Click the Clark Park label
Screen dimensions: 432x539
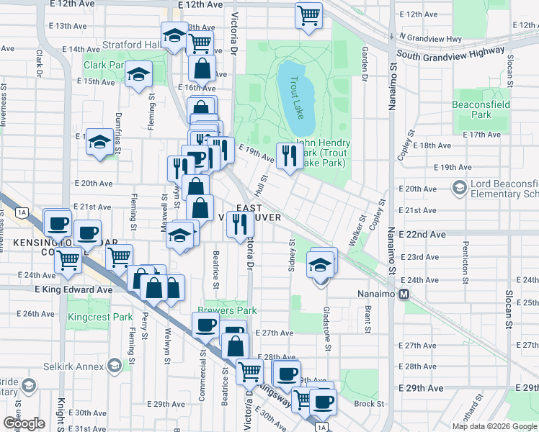coord(104,66)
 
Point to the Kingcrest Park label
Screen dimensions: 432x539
coord(100,317)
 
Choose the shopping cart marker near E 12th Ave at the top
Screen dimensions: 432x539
coord(308,14)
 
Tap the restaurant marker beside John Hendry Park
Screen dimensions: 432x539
coord(290,155)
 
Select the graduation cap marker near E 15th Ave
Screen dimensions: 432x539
coord(138,73)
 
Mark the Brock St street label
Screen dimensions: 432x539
coord(368,404)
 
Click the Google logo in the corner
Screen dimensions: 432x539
coord(24,423)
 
